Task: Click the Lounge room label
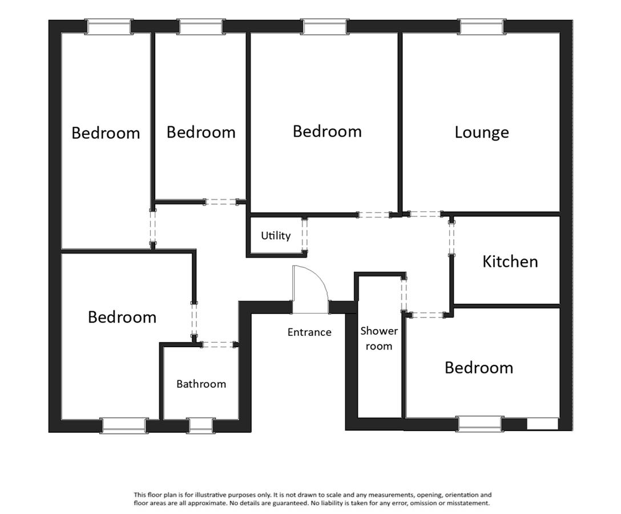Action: click(x=482, y=132)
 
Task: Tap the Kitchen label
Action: click(x=510, y=262)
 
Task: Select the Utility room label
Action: click(x=276, y=236)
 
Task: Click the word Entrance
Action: click(x=309, y=332)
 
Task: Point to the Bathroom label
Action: click(x=201, y=384)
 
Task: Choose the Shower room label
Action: click(x=379, y=339)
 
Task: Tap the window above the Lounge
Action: click(x=483, y=26)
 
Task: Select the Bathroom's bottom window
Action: click(x=201, y=425)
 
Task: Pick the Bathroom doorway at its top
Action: click(x=219, y=345)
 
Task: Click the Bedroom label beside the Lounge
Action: click(x=327, y=131)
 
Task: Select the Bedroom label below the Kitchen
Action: click(x=479, y=368)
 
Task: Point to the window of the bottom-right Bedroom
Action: click(x=481, y=423)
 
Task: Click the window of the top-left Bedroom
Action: click(x=108, y=26)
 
